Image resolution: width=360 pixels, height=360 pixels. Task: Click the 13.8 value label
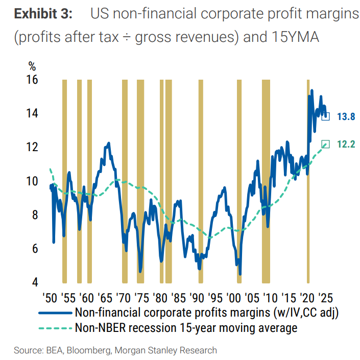click(346, 116)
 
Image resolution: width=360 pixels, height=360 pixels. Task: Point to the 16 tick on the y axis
click(32, 80)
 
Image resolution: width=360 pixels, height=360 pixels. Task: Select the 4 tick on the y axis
click(35, 282)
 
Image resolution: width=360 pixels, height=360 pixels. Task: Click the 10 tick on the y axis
click(32, 181)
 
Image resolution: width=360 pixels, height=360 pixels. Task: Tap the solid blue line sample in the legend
click(55, 312)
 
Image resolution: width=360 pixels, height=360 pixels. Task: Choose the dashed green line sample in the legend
click(55, 327)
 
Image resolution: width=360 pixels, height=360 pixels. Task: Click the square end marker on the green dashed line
click(325, 144)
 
